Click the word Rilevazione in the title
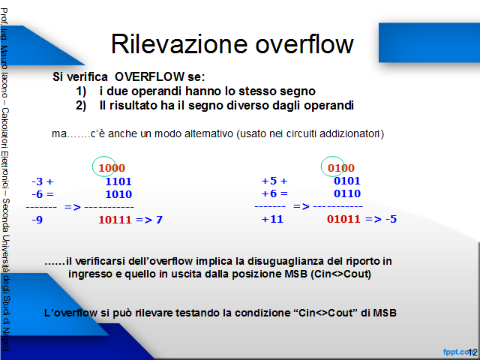click(179, 44)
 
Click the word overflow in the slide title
click(304, 43)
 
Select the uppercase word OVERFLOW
click(150, 76)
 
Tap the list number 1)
click(81, 91)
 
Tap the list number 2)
click(81, 106)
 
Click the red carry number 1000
click(112, 168)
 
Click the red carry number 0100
click(341, 168)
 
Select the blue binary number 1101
click(118, 181)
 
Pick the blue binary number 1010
click(118, 194)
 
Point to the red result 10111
click(115, 220)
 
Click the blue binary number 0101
click(347, 181)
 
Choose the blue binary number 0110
click(347, 193)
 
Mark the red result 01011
click(343, 219)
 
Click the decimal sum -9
click(37, 220)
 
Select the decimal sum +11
click(272, 219)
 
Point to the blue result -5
click(391, 219)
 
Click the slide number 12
click(472, 352)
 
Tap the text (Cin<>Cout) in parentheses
click(340, 274)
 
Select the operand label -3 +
click(43, 181)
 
